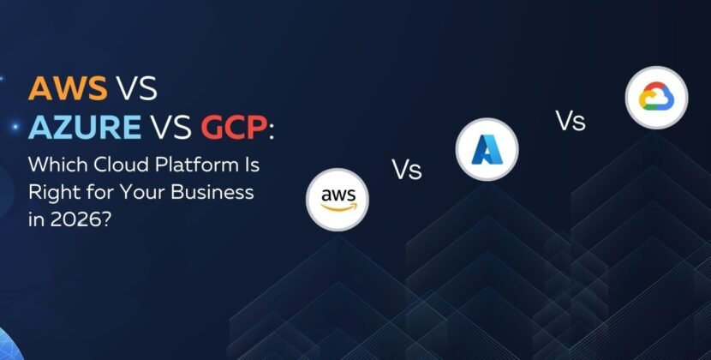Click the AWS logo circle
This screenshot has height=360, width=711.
pos(338,201)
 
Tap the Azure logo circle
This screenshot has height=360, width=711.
pos(486,150)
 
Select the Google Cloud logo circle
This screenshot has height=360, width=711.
pos(656,99)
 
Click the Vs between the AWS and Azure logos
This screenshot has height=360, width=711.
pos(407,169)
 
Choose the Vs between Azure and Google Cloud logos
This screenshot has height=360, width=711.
pos(571,121)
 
